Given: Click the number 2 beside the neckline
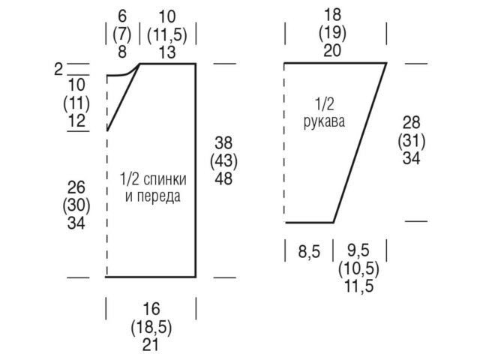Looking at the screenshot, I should coord(58,70).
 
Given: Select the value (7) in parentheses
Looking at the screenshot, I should coord(121,34).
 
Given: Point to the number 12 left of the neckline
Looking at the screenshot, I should coord(76,120).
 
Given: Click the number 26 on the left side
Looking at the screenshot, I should coord(76,187).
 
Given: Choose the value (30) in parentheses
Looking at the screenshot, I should coord(76,205).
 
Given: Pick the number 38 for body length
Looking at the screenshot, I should coord(223,142).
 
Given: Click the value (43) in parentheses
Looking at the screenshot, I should coord(223,160).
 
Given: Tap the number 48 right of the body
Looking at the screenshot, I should coord(223,178).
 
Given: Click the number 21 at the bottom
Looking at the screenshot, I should coord(151,346).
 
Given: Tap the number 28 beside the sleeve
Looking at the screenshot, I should coord(411,122).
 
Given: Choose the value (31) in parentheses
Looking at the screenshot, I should coord(411,140).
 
